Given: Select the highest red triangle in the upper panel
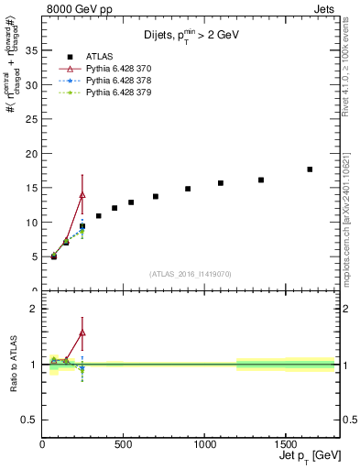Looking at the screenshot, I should point(82,194).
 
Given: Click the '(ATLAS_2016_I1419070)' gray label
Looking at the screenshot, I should point(191,273).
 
